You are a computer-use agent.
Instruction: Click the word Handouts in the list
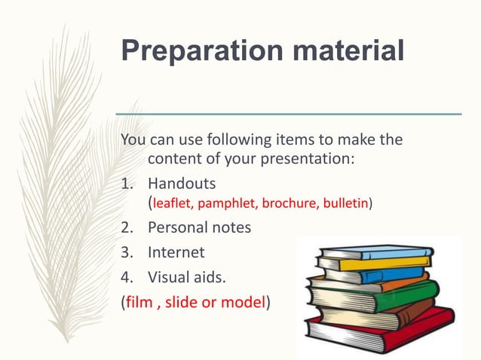[181, 183]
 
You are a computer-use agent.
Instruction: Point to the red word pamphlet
[228, 203]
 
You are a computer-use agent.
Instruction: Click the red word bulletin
[345, 203]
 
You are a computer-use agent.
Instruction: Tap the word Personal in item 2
[179, 227]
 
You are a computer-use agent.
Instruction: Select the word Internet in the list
[176, 252]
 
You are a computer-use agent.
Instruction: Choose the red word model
[244, 303]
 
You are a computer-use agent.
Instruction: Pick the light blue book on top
[377, 251]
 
